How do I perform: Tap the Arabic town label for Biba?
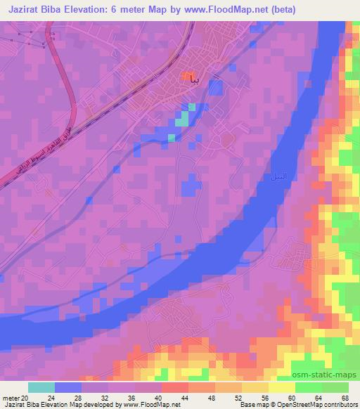coord(200,78)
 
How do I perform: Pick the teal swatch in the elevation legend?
coord(41,387)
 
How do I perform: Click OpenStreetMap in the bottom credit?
coord(307,405)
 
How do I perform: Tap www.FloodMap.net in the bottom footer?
coord(150,405)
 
